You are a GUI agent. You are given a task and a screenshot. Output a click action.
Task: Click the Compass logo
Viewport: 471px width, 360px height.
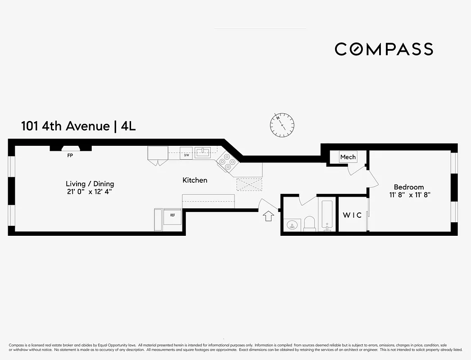point(384,49)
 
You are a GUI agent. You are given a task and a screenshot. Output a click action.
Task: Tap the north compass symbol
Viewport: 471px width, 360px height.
point(282,124)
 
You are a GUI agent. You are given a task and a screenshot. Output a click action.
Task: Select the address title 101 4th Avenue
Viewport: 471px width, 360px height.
point(65,126)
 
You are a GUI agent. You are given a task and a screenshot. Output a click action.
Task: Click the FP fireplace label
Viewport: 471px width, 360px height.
point(70,155)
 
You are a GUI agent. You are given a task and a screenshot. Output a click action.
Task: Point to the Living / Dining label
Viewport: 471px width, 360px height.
point(90,184)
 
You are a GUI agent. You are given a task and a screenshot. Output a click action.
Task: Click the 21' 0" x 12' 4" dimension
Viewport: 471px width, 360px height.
point(90,192)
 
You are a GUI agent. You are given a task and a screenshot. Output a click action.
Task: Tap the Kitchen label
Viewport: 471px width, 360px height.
point(195,180)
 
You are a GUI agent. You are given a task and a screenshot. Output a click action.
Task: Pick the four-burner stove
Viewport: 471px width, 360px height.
point(226,162)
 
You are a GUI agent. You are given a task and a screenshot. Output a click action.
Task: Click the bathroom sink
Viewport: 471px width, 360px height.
point(292,225)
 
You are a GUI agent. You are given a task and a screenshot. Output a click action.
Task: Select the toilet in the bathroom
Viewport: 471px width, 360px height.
point(310,223)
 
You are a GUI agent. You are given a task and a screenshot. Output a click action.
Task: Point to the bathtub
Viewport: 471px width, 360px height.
point(326,215)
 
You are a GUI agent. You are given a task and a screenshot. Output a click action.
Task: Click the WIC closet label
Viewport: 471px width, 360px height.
point(352,215)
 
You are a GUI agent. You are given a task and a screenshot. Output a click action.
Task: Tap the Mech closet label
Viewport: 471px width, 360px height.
point(348,157)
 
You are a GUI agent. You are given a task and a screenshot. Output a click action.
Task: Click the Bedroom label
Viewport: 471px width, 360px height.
point(408,187)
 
